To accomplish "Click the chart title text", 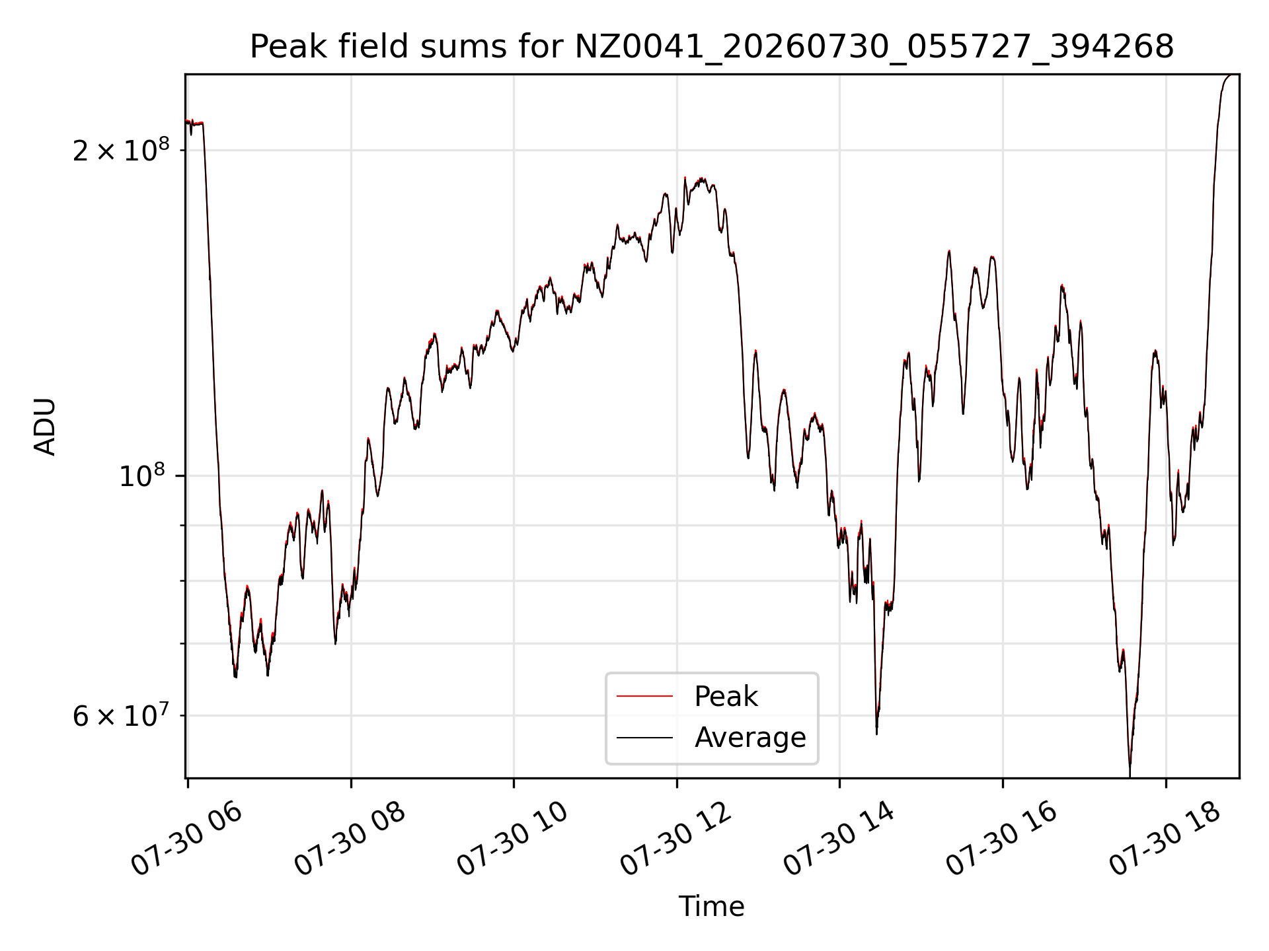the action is click(x=712, y=47).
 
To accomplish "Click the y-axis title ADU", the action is click(x=45, y=427).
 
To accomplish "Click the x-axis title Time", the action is click(x=711, y=907).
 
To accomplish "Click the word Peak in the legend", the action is click(x=726, y=696).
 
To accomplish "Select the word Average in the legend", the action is click(x=750, y=737).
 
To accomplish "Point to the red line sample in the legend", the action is click(x=644, y=696).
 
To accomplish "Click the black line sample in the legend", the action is click(x=644, y=737).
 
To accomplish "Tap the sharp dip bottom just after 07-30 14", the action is click(x=876, y=733).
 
